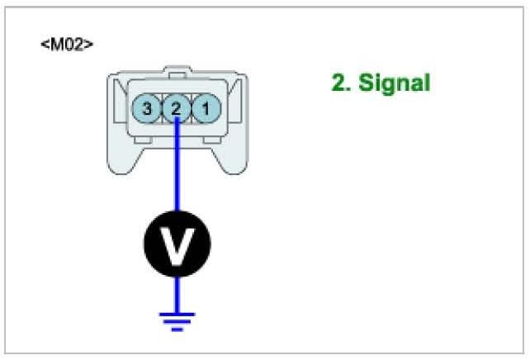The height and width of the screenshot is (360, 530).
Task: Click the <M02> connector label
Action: click(66, 44)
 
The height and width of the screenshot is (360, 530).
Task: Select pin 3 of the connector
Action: click(147, 107)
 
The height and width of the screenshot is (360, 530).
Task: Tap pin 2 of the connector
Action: click(176, 107)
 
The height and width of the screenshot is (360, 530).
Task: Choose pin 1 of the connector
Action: click(206, 107)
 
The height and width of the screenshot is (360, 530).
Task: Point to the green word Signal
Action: click(395, 83)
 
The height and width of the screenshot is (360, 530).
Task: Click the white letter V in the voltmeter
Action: click(176, 244)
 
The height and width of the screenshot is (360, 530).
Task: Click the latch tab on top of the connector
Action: click(177, 71)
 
